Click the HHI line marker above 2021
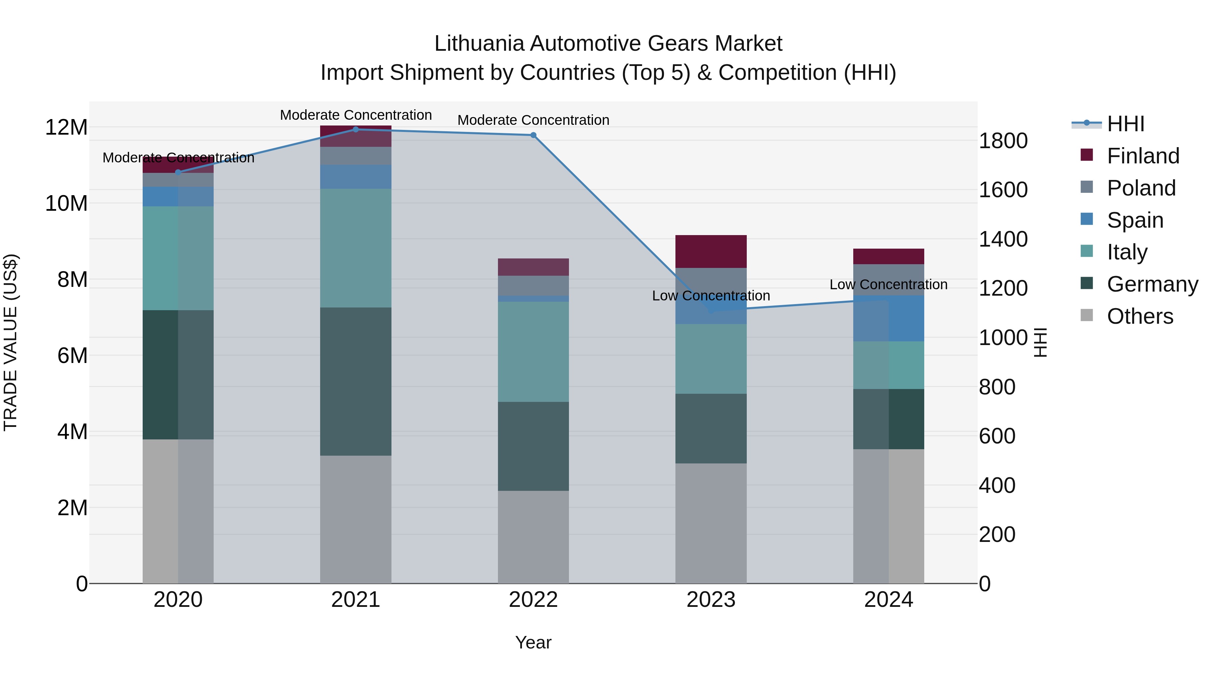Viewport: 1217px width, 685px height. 356,130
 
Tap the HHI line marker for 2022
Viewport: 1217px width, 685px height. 533,135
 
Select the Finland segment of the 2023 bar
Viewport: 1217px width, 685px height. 711,251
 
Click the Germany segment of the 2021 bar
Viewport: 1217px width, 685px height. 356,382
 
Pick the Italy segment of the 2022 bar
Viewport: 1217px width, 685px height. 533,352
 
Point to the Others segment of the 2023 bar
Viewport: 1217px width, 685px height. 711,523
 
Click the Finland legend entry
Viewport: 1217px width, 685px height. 1142,156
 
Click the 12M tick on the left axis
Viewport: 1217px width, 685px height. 66,128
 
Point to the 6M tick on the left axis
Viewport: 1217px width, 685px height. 72,356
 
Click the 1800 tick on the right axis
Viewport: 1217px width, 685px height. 1003,141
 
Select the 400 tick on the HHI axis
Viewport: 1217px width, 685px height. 997,485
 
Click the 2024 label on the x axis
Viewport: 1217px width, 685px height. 888,600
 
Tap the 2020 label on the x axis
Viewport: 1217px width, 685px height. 178,600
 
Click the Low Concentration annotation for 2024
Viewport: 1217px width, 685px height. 888,284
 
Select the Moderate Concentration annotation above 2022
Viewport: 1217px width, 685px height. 533,120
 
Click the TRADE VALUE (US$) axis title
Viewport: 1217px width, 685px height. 10,342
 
